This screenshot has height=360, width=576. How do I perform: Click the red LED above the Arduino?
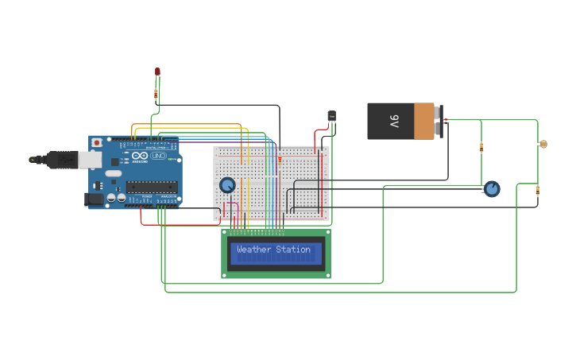point(157,72)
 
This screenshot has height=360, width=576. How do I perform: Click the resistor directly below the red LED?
point(156,95)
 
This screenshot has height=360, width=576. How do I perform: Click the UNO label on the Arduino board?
point(157,156)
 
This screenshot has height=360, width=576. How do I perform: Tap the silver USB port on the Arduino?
point(89,160)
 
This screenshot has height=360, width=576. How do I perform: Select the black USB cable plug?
point(61,160)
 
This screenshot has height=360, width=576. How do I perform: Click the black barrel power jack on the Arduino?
point(94,199)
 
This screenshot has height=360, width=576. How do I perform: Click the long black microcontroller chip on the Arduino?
point(151,188)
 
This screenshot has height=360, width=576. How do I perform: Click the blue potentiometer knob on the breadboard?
point(227,185)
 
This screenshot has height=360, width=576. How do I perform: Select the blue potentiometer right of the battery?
point(492,188)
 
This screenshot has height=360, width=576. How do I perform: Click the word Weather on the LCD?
point(253,250)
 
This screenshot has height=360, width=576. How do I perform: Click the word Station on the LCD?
point(293,250)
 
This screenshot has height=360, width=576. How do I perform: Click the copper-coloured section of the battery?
point(424,122)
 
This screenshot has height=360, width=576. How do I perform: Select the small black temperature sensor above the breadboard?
point(332,116)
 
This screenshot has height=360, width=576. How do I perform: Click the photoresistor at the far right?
point(543,144)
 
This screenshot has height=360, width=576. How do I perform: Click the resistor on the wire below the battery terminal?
point(481,147)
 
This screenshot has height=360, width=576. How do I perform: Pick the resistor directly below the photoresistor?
point(538,190)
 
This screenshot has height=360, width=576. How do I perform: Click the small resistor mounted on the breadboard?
point(279,159)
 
